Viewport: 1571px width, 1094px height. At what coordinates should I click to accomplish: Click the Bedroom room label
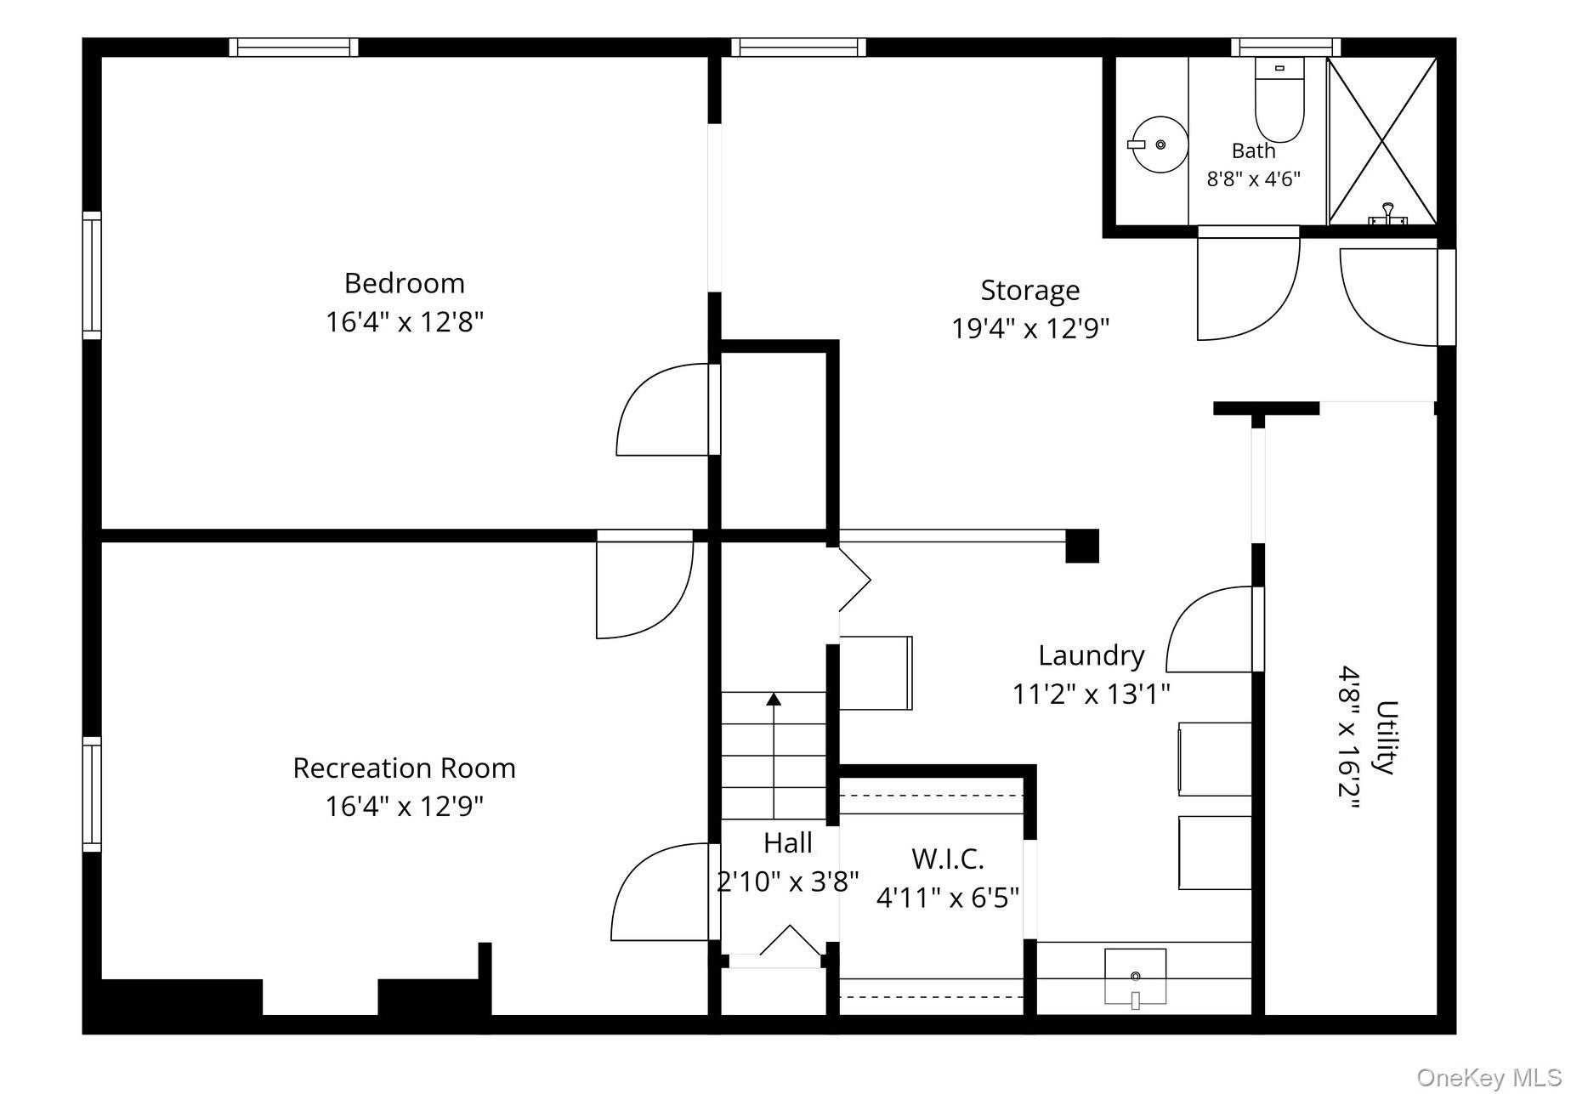pyautogui.click(x=404, y=283)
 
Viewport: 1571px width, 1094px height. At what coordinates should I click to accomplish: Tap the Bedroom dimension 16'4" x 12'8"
pyautogui.click(x=405, y=322)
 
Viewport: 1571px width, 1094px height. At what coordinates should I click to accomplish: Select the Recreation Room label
pyautogui.click(x=404, y=768)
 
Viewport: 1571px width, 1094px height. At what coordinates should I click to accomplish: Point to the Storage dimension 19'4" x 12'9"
pyautogui.click(x=1030, y=328)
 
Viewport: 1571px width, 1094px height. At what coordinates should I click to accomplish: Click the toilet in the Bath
pyautogui.click(x=1279, y=100)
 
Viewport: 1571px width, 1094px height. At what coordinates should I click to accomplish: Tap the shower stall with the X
pyautogui.click(x=1382, y=141)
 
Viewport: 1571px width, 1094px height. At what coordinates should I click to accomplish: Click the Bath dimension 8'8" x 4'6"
pyautogui.click(x=1254, y=179)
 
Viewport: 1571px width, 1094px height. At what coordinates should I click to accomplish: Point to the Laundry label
pyautogui.click(x=1092, y=655)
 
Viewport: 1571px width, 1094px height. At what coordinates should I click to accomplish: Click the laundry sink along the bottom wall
pyautogui.click(x=1135, y=978)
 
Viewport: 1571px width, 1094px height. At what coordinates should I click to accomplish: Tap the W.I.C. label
pyautogui.click(x=948, y=859)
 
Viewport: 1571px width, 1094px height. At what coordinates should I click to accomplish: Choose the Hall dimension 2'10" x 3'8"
pyautogui.click(x=788, y=881)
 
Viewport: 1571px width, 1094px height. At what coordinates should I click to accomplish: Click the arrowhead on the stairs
pyautogui.click(x=774, y=700)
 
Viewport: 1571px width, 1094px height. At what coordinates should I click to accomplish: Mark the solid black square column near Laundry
pyautogui.click(x=1082, y=546)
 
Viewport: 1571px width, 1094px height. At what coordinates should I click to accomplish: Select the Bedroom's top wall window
pyautogui.click(x=293, y=48)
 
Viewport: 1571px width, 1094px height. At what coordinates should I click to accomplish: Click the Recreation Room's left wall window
pyautogui.click(x=92, y=794)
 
